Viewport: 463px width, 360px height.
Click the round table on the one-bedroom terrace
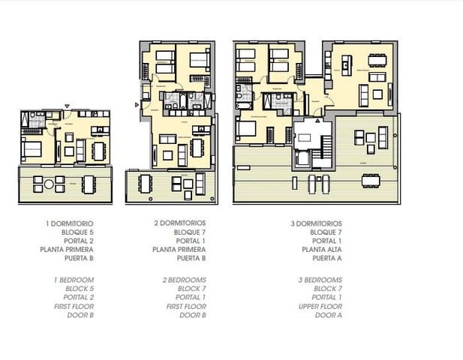coord(49,184)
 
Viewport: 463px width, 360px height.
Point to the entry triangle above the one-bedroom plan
coord(67,106)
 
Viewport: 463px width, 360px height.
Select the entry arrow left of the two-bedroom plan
coord(136,104)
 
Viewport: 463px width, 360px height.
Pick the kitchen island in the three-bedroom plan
coord(346,66)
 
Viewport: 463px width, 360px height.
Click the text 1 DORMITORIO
coord(69,223)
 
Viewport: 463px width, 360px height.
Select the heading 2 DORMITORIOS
coord(179,223)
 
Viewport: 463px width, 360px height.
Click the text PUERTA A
coord(326,259)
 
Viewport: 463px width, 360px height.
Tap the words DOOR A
coord(328,315)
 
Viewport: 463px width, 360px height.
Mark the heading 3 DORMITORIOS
coord(315,223)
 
